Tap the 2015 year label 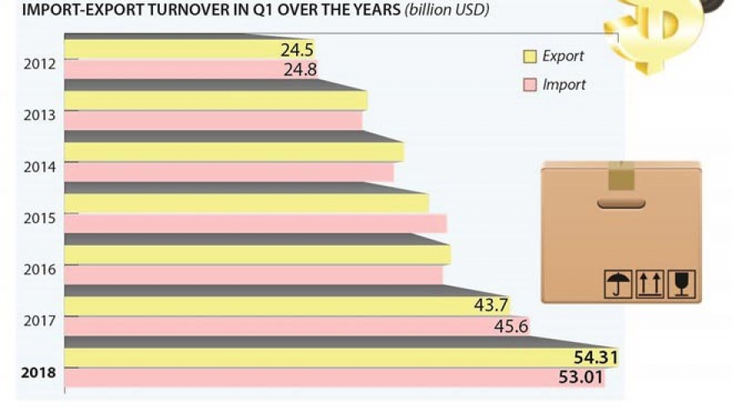click(x=38, y=218)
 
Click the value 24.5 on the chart click(x=297, y=50)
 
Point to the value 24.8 click(x=299, y=70)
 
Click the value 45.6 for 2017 click(x=511, y=326)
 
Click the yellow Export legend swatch click(x=529, y=57)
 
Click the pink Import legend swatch click(x=529, y=85)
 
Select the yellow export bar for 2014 click(x=233, y=152)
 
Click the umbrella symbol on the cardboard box click(x=616, y=285)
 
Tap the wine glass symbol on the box click(x=681, y=285)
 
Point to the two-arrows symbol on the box click(x=649, y=285)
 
